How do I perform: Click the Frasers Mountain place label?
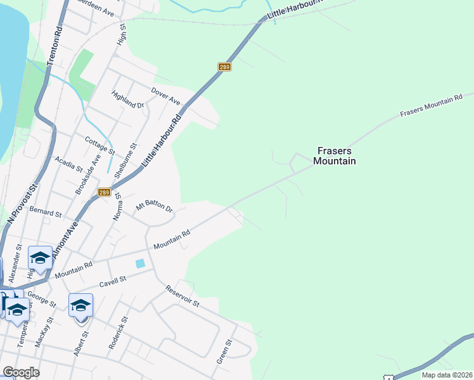[x=334, y=156]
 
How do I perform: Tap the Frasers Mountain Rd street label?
[x=432, y=107]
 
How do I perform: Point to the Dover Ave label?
[x=165, y=97]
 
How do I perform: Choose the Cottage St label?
[x=99, y=144]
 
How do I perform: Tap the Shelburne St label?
[x=124, y=159]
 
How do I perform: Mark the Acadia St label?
[x=69, y=164]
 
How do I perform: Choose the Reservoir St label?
[x=183, y=296]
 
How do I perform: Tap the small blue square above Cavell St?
[x=140, y=263]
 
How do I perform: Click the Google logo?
[x=21, y=372]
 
